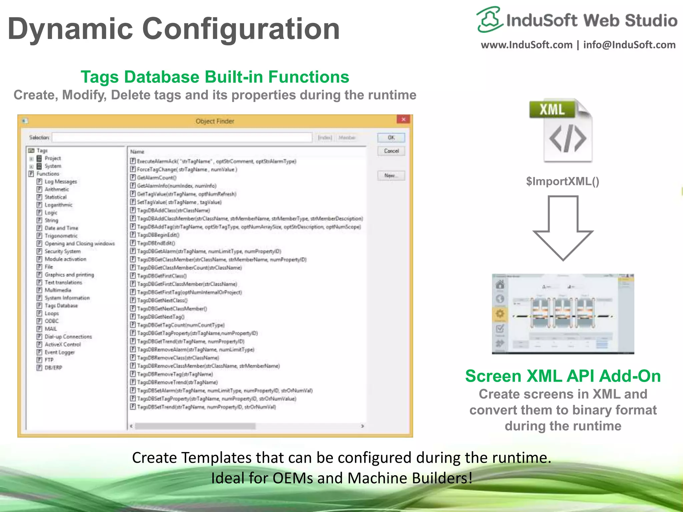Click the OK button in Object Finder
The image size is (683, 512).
click(x=391, y=138)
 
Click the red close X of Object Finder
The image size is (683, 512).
click(x=404, y=119)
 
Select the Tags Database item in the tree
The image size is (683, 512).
click(x=61, y=306)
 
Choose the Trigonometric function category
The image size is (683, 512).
click(x=61, y=236)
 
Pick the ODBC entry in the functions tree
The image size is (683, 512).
click(x=51, y=321)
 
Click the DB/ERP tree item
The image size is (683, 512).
click(x=53, y=368)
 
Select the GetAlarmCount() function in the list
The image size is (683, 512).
click(x=156, y=178)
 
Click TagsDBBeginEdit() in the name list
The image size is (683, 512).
click(x=158, y=235)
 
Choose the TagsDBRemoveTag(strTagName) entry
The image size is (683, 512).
click(x=175, y=374)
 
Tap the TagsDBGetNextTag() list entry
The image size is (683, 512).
click(x=160, y=317)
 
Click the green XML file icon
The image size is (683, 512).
click(x=561, y=130)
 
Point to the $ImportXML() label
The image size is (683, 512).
click(x=563, y=181)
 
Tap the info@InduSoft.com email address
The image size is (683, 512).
click(x=629, y=45)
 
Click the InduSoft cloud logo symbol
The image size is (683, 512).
click(x=489, y=19)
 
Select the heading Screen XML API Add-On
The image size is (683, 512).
click(x=563, y=376)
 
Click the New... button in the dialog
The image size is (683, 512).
click(x=391, y=175)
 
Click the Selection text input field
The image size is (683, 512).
click(x=182, y=138)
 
